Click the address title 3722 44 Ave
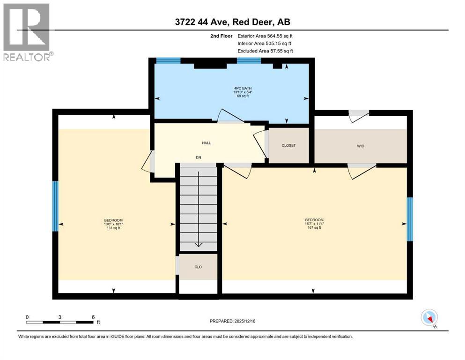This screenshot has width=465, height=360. pos(232,22)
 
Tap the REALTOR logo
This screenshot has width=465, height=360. pos(27,32)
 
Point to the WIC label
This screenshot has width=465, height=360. pos(360,146)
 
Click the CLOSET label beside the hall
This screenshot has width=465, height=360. pos(288,146)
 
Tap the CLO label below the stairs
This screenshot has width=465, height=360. pos(198,267)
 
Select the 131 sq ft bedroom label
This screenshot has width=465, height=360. pos(113,224)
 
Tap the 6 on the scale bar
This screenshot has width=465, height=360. pos(93,317)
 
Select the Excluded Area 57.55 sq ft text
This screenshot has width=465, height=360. pos(265,51)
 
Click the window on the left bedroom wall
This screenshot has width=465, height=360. pos(55,206)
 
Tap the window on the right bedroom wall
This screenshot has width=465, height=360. pos(410,219)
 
